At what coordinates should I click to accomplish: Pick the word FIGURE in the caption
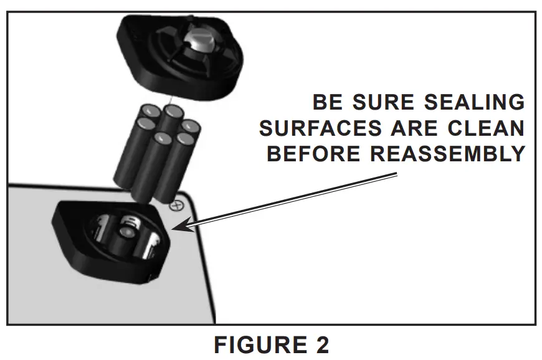click(x=252, y=344)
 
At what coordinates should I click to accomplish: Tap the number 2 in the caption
click(x=319, y=344)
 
